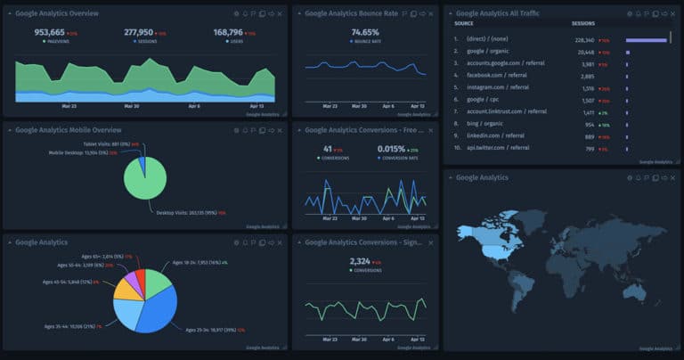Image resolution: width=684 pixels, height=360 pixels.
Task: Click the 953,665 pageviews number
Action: (49, 32)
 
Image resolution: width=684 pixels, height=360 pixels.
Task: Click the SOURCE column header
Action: (463, 23)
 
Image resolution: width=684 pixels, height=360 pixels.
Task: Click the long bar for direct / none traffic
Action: (647, 40)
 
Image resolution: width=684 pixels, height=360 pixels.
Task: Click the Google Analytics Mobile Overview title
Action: (68, 129)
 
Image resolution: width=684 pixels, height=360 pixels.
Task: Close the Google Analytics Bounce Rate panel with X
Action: (430, 14)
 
